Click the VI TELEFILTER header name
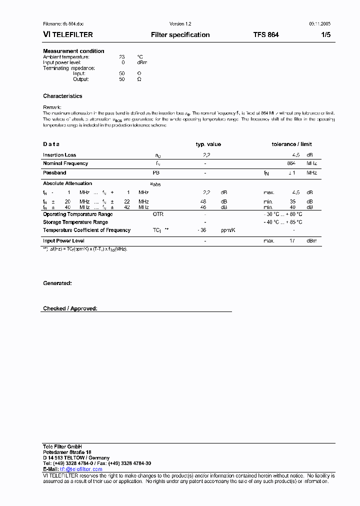point(68,35)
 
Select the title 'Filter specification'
point(180,35)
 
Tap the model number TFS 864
point(266,35)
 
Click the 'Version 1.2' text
point(180,24)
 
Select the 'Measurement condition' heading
point(73,51)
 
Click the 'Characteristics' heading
point(62,96)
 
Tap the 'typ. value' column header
point(208,144)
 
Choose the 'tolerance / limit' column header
point(291,144)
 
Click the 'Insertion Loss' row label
point(59,155)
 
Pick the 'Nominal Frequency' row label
point(65,163)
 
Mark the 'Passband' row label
point(54,172)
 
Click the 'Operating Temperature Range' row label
point(77,214)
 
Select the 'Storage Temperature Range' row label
point(75,222)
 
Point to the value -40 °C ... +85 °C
point(283,222)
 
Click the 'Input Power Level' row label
point(63,241)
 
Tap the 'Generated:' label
point(57,283)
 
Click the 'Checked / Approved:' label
point(70,308)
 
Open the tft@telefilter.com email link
point(81,469)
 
